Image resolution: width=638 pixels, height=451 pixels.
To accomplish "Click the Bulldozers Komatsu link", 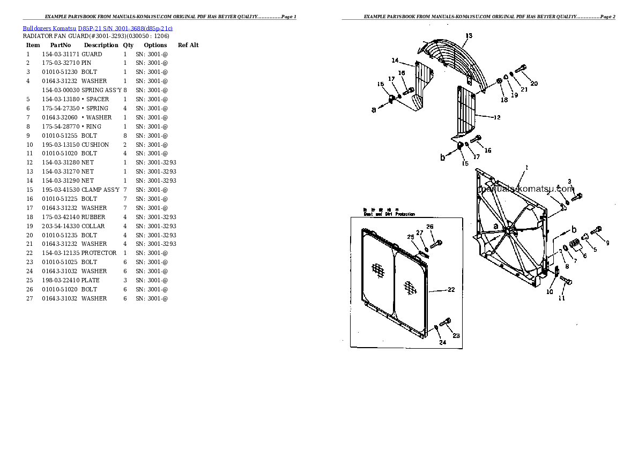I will point(49,28).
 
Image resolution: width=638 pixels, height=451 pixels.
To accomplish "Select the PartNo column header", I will point(61,45).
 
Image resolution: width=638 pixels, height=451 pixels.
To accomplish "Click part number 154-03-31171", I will point(61,54).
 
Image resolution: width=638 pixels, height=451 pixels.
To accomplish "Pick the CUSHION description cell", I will point(95,145).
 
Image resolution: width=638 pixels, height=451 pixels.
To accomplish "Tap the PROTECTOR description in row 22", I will point(99,253).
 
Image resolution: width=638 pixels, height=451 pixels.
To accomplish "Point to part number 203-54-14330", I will point(61,226).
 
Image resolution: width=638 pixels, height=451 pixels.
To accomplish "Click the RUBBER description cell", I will point(93,217).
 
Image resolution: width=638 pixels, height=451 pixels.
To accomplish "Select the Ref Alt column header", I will point(188,45).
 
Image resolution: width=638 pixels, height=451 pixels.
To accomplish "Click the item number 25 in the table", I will point(29,280).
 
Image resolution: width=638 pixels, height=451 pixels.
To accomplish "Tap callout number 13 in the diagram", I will point(469,36).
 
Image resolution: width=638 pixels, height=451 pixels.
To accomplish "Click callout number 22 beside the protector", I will point(451,290).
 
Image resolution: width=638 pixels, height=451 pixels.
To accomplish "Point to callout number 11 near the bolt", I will point(561,298).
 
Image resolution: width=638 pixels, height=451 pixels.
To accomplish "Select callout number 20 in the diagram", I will point(534,84).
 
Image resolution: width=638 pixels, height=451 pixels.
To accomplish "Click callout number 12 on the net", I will point(497,117).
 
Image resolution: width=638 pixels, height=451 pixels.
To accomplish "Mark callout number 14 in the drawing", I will point(395,60).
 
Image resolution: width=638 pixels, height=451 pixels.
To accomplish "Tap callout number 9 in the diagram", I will point(607,243).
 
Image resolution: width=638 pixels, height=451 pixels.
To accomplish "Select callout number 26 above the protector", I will point(429,227).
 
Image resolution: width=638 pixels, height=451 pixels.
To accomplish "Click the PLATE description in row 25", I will point(90,280).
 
